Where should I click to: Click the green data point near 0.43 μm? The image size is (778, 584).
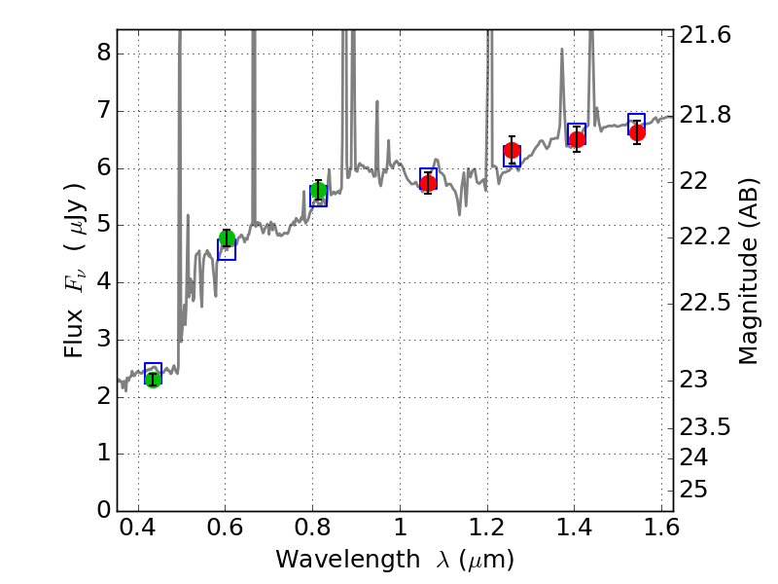point(153,379)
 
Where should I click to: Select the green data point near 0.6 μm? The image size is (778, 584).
point(228,238)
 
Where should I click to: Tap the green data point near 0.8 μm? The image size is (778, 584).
point(318,190)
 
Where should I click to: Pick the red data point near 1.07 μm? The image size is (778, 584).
point(428,183)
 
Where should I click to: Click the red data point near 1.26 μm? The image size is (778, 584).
point(512,150)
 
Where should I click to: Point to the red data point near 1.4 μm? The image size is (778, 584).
point(577,139)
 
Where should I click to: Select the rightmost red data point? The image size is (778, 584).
point(637,132)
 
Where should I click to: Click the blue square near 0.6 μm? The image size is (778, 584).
point(227,250)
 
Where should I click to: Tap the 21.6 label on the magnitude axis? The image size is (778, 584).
point(704,35)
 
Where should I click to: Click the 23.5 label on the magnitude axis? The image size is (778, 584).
point(704,426)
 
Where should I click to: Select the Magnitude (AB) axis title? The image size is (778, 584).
point(748,274)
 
